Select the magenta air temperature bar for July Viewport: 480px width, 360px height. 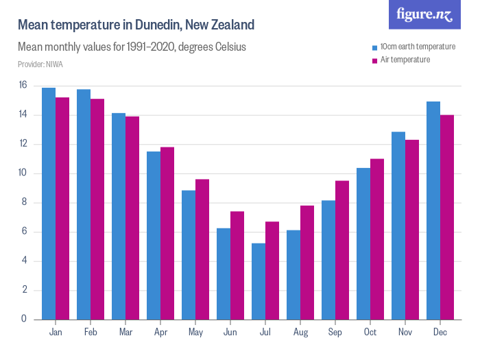(272, 270)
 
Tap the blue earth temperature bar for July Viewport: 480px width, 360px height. (259, 281)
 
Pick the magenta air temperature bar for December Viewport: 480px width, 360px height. (447, 217)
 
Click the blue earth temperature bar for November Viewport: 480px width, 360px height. (398, 226)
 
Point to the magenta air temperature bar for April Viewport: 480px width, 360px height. (167, 233)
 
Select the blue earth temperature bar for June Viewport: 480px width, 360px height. (224, 274)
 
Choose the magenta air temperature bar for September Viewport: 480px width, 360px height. (342, 250)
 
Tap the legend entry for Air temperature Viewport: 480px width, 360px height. (405, 60)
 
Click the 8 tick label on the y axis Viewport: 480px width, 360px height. (23, 202)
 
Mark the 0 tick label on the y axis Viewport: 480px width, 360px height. (23, 319)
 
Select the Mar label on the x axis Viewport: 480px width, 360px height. (125, 333)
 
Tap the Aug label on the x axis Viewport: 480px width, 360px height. (300, 333)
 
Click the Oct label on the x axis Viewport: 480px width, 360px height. (370, 333)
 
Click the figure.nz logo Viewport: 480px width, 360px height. (424, 14)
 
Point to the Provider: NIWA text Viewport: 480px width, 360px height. (38, 64)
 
